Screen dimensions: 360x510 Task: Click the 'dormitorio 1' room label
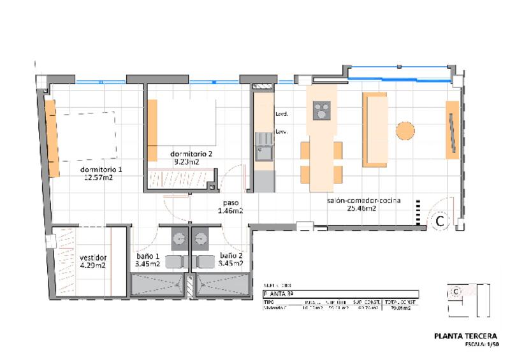coord(101,169)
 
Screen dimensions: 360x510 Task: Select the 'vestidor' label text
coord(92,258)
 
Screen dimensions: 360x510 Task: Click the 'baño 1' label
coord(148,256)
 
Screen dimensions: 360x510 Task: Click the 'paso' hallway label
coord(230,202)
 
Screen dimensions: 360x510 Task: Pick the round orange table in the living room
coord(405,131)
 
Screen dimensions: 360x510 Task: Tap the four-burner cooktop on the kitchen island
coord(322,111)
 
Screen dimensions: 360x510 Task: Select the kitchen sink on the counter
coord(262,152)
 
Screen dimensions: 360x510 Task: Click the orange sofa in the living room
coord(374,130)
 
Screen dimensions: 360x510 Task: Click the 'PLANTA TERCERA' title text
coord(465,336)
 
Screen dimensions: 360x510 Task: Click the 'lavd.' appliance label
coord(281,115)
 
